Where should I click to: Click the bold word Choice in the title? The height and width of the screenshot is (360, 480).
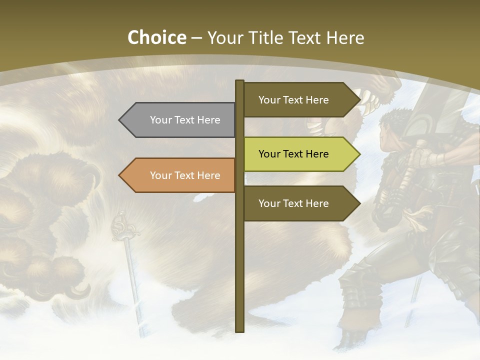[156, 37]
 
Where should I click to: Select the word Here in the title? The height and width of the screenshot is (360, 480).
[345, 37]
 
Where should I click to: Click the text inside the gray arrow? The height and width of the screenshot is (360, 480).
[185, 120]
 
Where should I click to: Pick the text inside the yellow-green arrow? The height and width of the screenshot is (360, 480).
[293, 154]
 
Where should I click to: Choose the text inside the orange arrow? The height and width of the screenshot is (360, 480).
[185, 175]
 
